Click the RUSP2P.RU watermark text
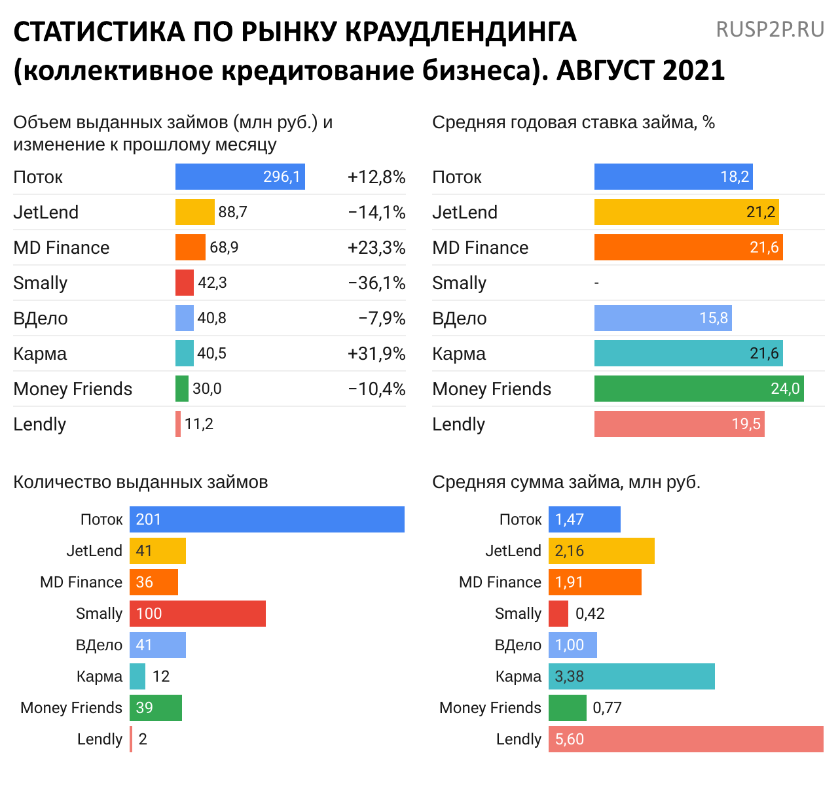[770, 29]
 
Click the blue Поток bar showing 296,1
[240, 177]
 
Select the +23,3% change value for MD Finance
[376, 248]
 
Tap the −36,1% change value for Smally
[376, 283]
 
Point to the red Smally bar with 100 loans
[198, 614]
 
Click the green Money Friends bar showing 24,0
[699, 389]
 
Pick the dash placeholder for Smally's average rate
[596, 283]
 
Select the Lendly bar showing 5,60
[685, 739]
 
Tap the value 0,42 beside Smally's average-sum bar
[590, 614]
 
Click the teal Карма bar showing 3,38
[631, 676]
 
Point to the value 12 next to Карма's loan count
[161, 676]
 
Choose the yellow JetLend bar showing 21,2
[686, 212]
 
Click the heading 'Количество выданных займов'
[141, 482]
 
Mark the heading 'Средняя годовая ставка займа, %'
[573, 122]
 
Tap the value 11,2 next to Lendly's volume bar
[199, 424]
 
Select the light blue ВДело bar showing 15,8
[663, 318]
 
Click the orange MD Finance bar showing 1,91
[594, 582]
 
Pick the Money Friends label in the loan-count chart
[71, 708]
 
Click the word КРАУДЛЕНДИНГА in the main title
[460, 32]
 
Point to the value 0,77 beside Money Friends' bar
[607, 708]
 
